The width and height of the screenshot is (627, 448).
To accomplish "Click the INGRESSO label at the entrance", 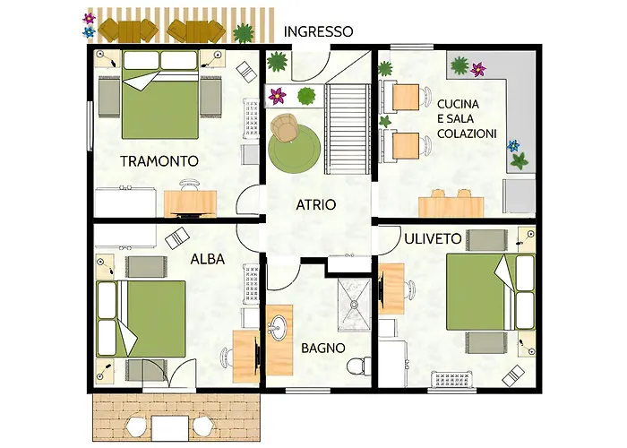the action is pos(318,31).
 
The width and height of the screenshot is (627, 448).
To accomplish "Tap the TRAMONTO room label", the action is pos(159,161).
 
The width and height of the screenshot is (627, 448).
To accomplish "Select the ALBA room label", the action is pos(208,259).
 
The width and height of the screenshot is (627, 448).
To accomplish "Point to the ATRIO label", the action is pos(316,205).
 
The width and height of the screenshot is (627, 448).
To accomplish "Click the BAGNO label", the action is pos(323,348).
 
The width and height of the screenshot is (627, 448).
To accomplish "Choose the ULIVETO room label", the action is pos(433,239).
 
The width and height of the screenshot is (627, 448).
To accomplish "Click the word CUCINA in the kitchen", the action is pos(458,104).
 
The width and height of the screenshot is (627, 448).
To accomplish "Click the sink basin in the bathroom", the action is pos(279,324).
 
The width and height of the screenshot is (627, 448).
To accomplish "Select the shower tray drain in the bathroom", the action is pos(355,305).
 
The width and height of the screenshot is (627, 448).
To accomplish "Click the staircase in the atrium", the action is pos(348,129).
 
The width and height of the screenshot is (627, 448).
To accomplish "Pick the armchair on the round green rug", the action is pos(284,127).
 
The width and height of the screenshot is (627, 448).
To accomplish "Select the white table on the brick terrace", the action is pos(170,428).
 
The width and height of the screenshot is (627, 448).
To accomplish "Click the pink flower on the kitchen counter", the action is pos(477,70).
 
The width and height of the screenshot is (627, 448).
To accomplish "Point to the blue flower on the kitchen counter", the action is pos(513,146).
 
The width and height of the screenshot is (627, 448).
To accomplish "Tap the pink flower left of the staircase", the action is pos(277,97).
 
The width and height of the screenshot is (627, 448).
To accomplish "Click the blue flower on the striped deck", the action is pos(89,31).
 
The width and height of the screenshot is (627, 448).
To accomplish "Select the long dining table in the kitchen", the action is pos(451,206).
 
